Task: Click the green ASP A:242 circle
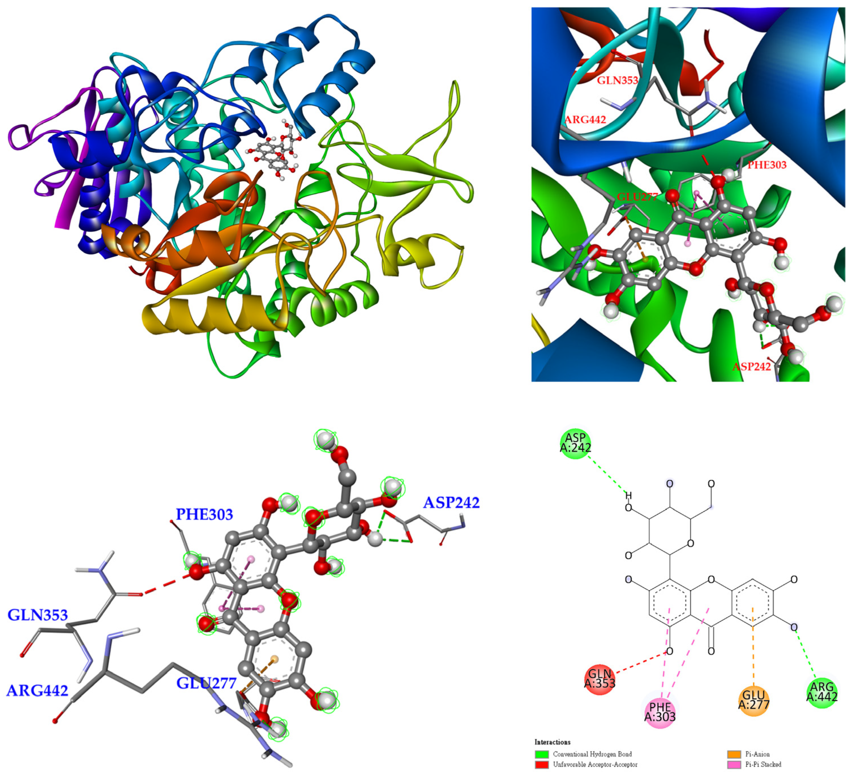(575, 443)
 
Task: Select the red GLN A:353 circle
(600, 679)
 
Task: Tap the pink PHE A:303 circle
(660, 712)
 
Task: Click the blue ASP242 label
(451, 503)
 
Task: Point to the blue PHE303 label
(204, 515)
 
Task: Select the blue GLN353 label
(38, 615)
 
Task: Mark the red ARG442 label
(585, 119)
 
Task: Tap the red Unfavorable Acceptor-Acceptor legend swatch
(541, 764)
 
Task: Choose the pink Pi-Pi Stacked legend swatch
(734, 764)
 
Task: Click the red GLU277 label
(637, 197)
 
